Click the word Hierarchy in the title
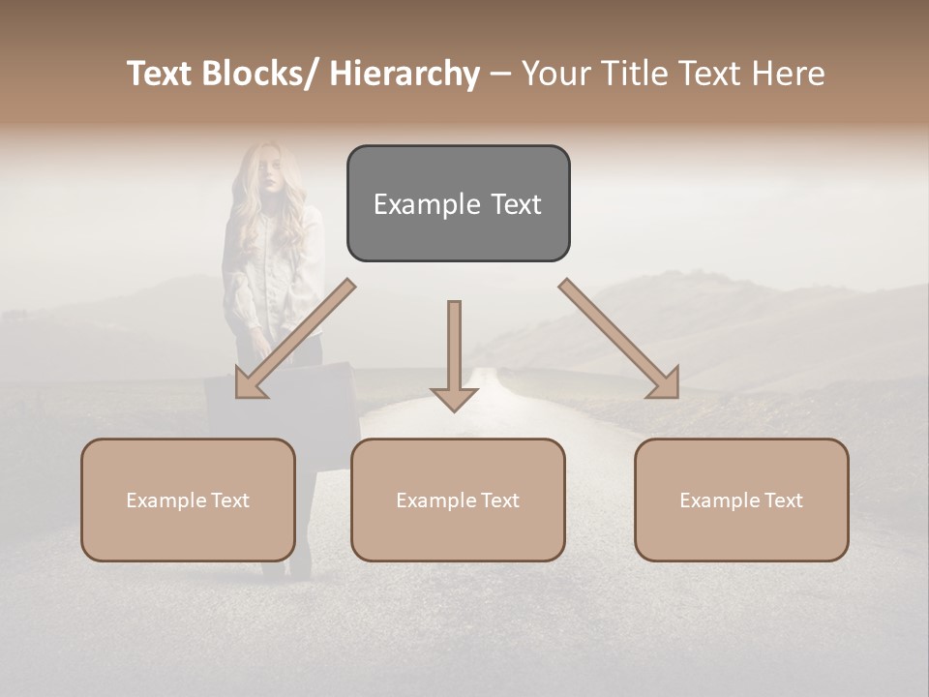(405, 74)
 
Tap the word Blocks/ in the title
(258, 74)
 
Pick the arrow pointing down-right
(618, 339)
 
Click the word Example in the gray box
(414, 204)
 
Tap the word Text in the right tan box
(781, 500)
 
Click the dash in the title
(500, 75)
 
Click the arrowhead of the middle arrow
(454, 397)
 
